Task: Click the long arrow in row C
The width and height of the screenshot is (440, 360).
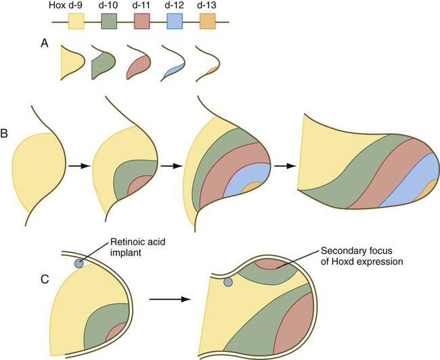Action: (x=167, y=296)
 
